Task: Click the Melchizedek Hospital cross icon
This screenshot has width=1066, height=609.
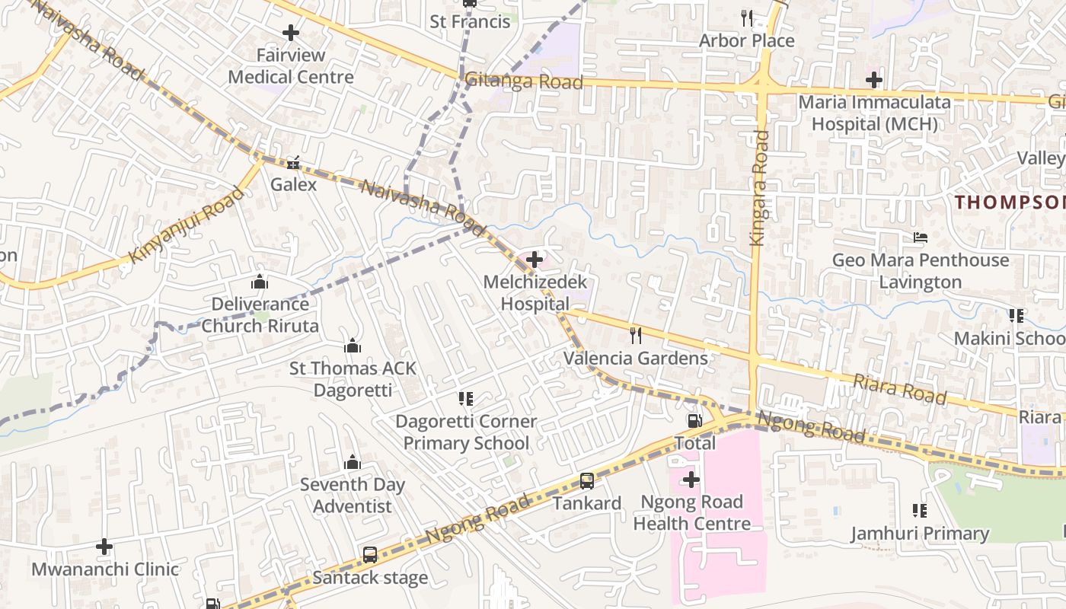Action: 535,260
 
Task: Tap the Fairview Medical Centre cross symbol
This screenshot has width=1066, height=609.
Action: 290,33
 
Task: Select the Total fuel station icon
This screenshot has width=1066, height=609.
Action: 694,420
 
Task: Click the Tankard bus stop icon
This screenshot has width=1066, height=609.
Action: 586,480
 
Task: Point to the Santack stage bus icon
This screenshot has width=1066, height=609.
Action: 370,554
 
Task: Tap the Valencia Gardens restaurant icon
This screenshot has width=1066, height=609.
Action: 636,335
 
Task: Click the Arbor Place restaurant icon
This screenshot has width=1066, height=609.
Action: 746,18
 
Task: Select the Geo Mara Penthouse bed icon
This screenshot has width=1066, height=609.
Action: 920,237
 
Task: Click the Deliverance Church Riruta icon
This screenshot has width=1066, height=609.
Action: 260,282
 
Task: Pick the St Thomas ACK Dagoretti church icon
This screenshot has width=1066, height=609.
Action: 353,346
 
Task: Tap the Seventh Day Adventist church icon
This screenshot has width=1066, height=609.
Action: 352,462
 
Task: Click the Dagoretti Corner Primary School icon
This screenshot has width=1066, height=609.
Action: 466,398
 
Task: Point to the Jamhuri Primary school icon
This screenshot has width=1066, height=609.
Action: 919,511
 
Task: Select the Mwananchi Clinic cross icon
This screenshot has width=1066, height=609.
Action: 104,547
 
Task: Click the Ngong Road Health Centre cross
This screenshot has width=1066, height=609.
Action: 691,480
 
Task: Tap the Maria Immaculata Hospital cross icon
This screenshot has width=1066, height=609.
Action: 874,79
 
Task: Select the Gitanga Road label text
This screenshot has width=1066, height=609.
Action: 524,81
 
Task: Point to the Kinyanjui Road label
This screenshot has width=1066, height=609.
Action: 187,224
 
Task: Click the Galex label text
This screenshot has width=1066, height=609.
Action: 294,184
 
